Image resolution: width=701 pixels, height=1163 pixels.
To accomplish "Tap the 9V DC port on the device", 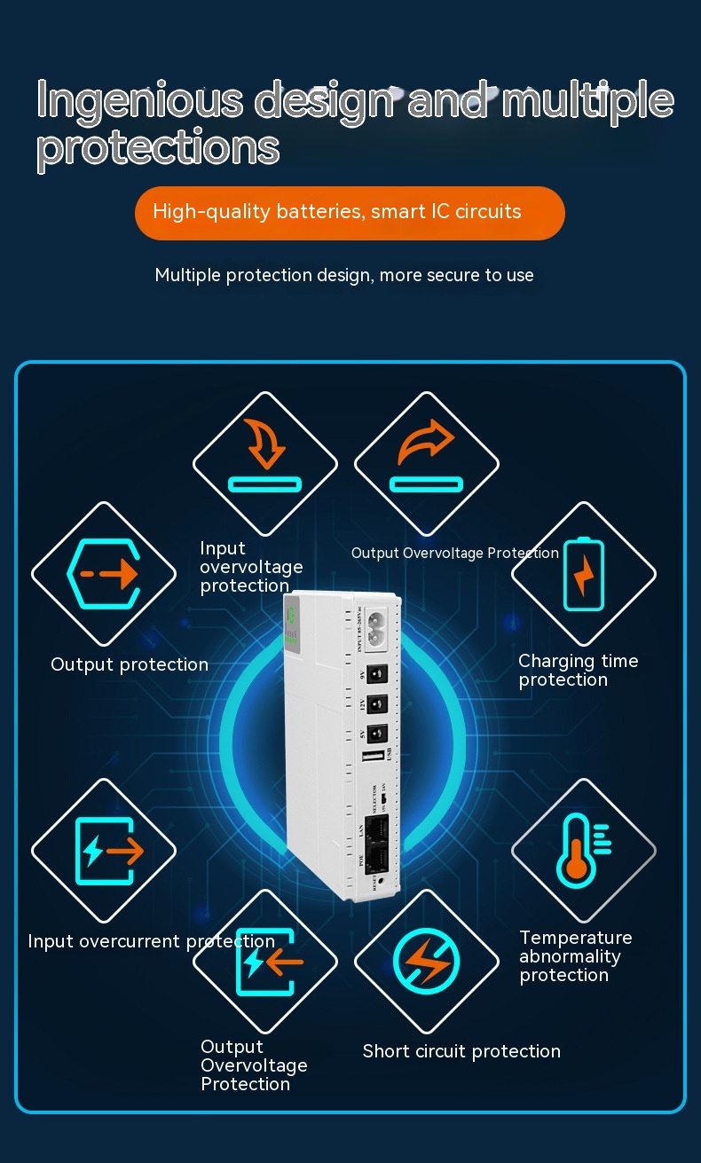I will pos(377,673).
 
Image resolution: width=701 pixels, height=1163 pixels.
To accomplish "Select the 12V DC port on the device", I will pos(377,703).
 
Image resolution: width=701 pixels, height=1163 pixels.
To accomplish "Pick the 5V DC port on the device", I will pos(377,733).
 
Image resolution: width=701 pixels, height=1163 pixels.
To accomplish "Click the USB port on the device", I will pos(374,758).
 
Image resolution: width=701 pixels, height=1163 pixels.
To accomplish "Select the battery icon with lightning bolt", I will pos(583,574).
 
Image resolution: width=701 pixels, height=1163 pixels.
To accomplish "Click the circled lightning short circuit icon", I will pos(426,962).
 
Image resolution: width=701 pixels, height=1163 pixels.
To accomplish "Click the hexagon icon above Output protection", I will pos(103,574).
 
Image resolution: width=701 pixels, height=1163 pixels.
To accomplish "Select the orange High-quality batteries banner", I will pos(350,213).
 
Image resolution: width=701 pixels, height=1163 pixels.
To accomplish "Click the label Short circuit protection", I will pos(461,1051).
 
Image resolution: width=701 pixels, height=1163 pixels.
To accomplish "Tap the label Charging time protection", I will pos(578,671).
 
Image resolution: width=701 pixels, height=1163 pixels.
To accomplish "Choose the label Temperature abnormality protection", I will pos(575,956).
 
